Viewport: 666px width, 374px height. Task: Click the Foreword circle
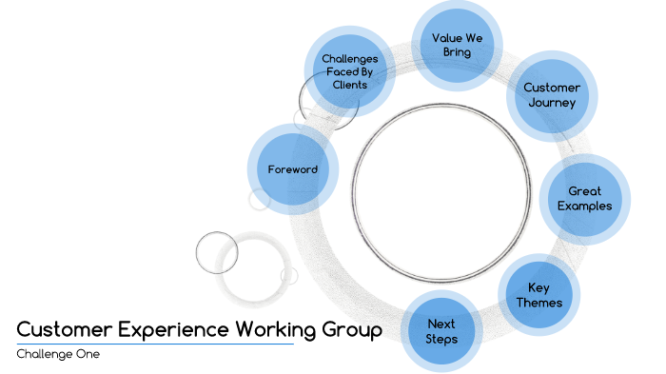click(292, 170)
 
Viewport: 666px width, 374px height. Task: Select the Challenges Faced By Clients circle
click(349, 71)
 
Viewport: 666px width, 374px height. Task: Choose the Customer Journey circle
click(551, 95)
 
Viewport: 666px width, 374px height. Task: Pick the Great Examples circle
click(584, 198)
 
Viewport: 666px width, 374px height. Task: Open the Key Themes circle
click(539, 295)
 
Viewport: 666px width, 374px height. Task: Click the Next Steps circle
click(441, 331)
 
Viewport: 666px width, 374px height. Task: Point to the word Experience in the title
click(172, 329)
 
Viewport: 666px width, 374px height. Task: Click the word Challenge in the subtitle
click(45, 354)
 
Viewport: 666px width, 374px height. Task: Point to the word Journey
click(552, 102)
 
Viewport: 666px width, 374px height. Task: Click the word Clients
click(349, 85)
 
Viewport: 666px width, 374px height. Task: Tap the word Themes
click(539, 303)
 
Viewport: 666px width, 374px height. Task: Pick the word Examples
click(584, 206)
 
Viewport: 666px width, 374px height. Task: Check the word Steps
click(441, 339)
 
